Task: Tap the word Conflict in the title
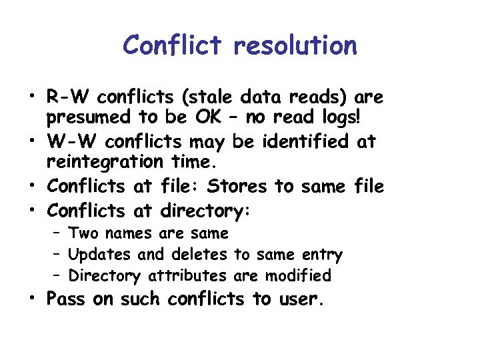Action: (x=173, y=46)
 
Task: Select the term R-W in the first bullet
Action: (x=68, y=98)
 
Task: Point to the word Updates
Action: (x=100, y=254)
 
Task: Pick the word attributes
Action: (x=189, y=275)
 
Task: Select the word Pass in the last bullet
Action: (x=65, y=299)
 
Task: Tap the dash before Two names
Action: (x=57, y=233)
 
